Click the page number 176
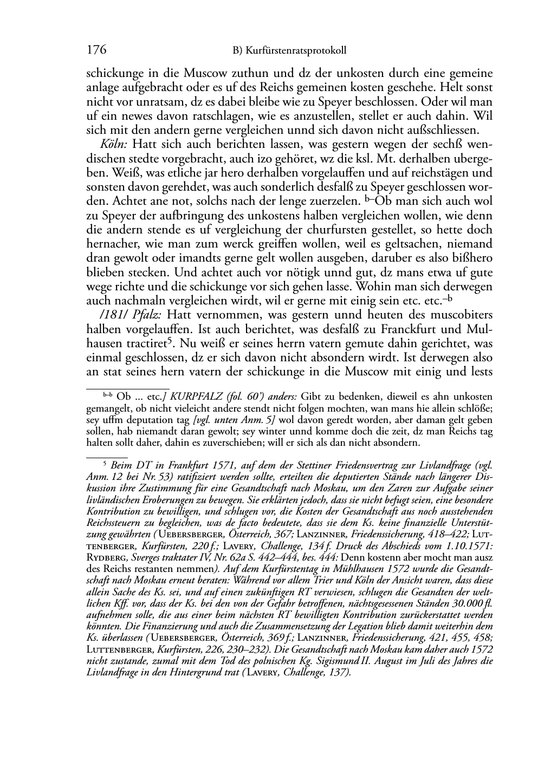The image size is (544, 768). pos(96,50)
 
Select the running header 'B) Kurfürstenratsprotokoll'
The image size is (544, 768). pos(289,51)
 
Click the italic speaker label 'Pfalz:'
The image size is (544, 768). pos(147,315)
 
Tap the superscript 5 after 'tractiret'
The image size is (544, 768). pos(170,340)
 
